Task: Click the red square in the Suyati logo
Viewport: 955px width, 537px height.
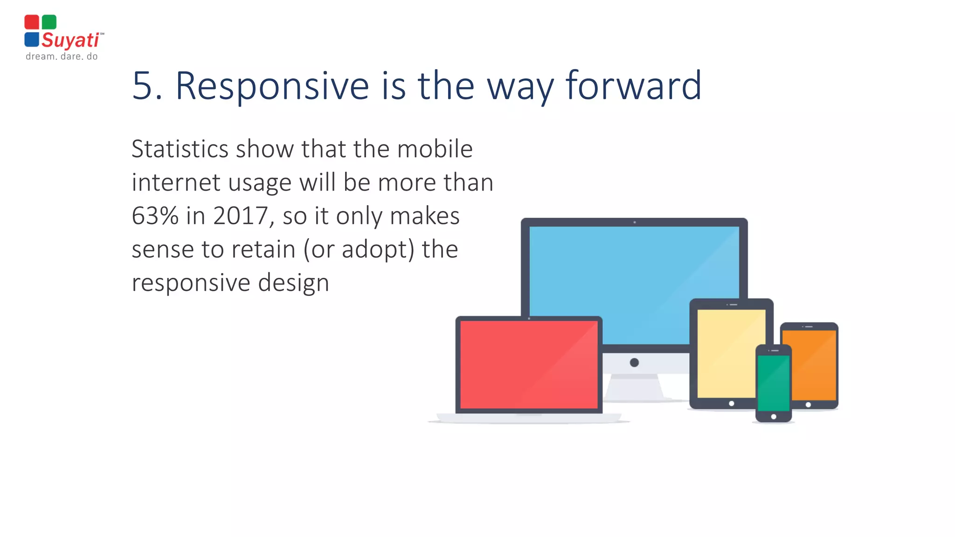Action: (32, 22)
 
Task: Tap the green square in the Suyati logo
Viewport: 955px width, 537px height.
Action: (49, 22)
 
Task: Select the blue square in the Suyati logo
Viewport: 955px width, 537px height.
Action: (32, 39)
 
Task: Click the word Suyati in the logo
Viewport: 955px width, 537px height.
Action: (70, 40)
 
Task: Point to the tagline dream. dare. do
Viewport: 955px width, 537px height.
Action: (62, 56)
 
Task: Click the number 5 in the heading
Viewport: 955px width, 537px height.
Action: (142, 86)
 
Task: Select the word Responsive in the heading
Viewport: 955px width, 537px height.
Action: (272, 86)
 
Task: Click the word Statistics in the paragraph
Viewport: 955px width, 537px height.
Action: (180, 149)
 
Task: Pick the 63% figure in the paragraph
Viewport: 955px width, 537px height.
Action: (155, 216)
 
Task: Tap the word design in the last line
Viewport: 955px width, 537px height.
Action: (293, 283)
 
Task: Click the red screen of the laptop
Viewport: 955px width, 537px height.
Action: (528, 365)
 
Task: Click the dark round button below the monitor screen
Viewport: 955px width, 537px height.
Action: (634, 363)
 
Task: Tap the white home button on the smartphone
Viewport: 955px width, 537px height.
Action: (774, 417)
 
